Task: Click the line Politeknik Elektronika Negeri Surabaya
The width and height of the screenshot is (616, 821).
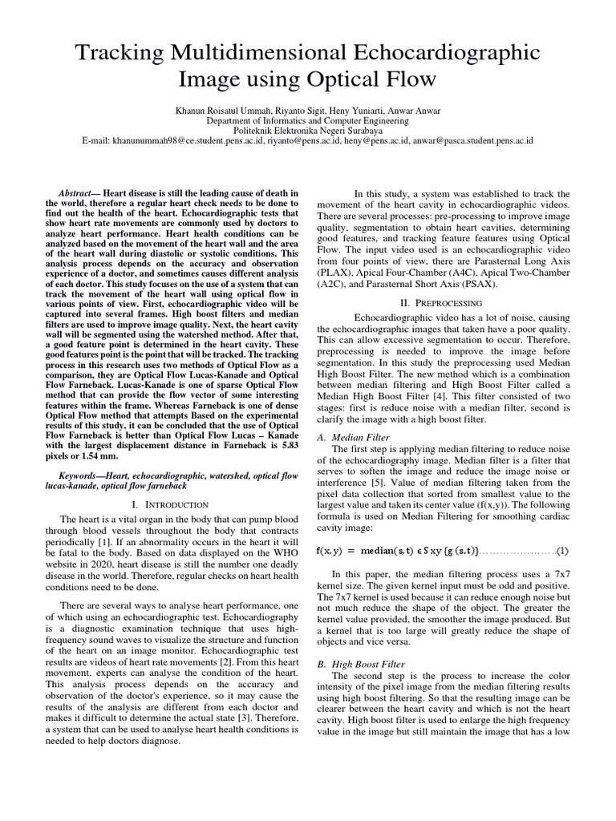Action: (x=308, y=130)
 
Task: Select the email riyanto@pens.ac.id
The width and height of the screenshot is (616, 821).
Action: (x=300, y=140)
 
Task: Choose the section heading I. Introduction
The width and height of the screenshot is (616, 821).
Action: (x=169, y=504)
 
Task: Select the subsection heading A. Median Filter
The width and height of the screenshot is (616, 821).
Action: (x=354, y=438)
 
